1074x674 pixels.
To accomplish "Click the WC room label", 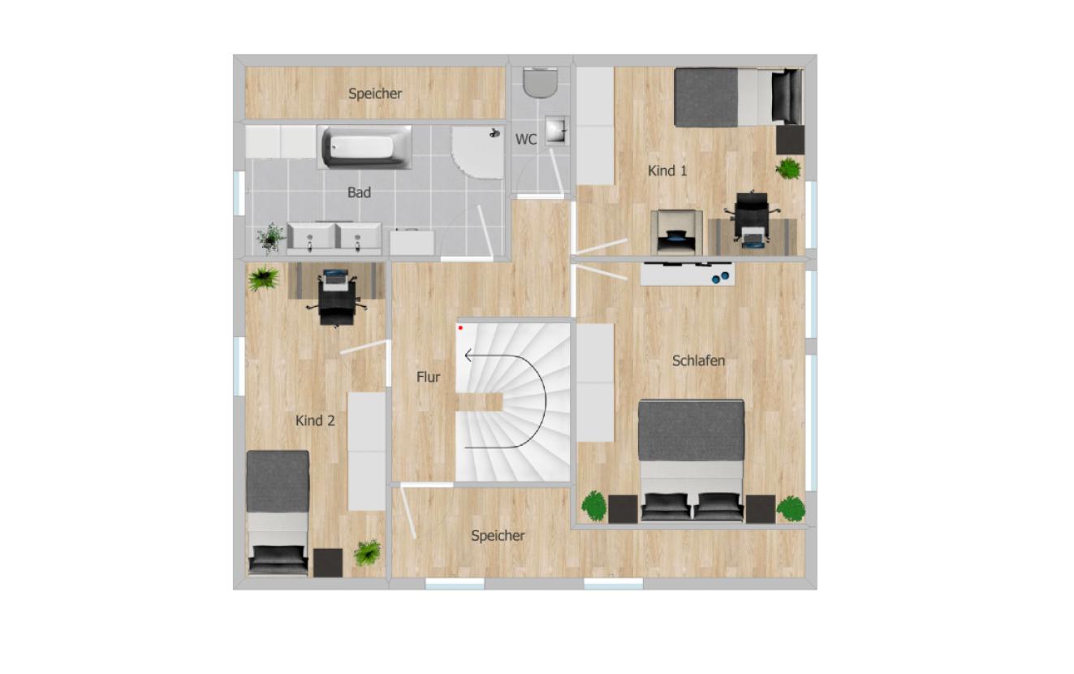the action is pyautogui.click(x=526, y=140).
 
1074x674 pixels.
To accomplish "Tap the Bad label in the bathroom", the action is pyautogui.click(x=359, y=192).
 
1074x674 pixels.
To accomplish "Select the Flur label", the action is pyautogui.click(x=428, y=377).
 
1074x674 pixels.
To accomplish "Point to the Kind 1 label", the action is pyautogui.click(x=667, y=171).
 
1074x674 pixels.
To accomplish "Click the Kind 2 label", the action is pyautogui.click(x=315, y=421).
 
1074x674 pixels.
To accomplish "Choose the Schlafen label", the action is pyautogui.click(x=698, y=361).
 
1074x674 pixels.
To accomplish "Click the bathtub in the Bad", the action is pyautogui.click(x=364, y=147).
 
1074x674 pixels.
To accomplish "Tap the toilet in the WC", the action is pyautogui.click(x=541, y=83).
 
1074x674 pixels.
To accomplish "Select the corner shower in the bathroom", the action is pyautogui.click(x=477, y=153).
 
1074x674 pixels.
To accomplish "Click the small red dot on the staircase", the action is pyautogui.click(x=461, y=328).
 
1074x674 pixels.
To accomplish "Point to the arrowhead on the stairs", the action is pyautogui.click(x=469, y=356).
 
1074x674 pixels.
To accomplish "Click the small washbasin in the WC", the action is pyautogui.click(x=557, y=130).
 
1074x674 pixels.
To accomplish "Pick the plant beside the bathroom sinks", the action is pyautogui.click(x=271, y=238).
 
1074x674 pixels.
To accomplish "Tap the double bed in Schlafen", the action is pyautogui.click(x=691, y=461).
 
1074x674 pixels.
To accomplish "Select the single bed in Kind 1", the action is pyautogui.click(x=739, y=97).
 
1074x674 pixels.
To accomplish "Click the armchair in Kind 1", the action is pyautogui.click(x=676, y=233).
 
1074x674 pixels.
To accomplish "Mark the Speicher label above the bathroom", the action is pyautogui.click(x=375, y=93).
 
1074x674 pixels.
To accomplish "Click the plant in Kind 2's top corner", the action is pyautogui.click(x=263, y=279).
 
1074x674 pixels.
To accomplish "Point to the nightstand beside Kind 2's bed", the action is pyautogui.click(x=328, y=563).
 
